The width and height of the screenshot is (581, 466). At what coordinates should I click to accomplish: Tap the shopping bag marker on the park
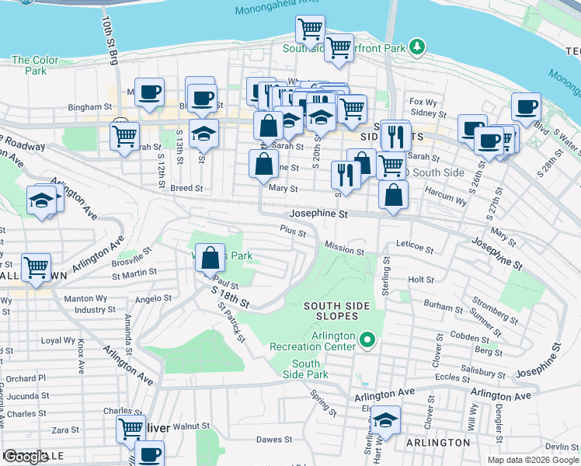point(210,258)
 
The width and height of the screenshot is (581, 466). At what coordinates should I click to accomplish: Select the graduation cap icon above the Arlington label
point(385,420)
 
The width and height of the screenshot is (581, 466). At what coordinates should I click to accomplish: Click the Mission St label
point(344,251)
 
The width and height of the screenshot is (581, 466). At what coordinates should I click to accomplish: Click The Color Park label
point(35,65)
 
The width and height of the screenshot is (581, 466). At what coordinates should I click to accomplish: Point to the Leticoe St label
point(414,247)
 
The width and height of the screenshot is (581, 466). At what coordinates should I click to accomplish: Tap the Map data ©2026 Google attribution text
point(533,460)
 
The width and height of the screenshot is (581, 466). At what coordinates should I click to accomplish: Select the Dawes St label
point(273,440)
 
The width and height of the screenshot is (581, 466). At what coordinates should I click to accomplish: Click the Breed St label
point(186,188)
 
